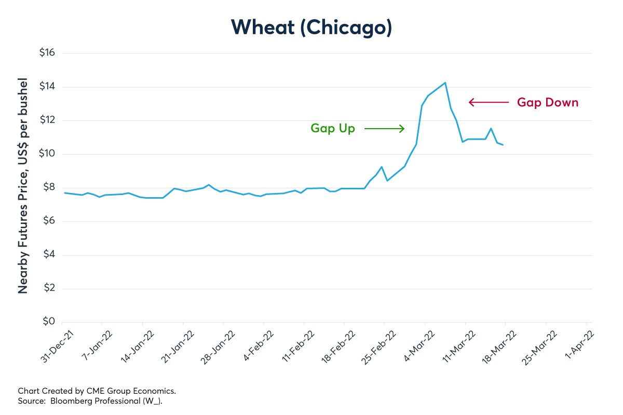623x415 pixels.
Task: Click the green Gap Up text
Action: point(333,128)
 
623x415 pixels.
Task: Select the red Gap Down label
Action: point(547,102)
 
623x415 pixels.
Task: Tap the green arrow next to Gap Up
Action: point(384,128)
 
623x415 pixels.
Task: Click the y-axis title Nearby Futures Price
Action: point(23,187)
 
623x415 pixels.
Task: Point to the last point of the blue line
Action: point(503,145)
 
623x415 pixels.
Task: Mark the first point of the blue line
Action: point(64,192)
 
